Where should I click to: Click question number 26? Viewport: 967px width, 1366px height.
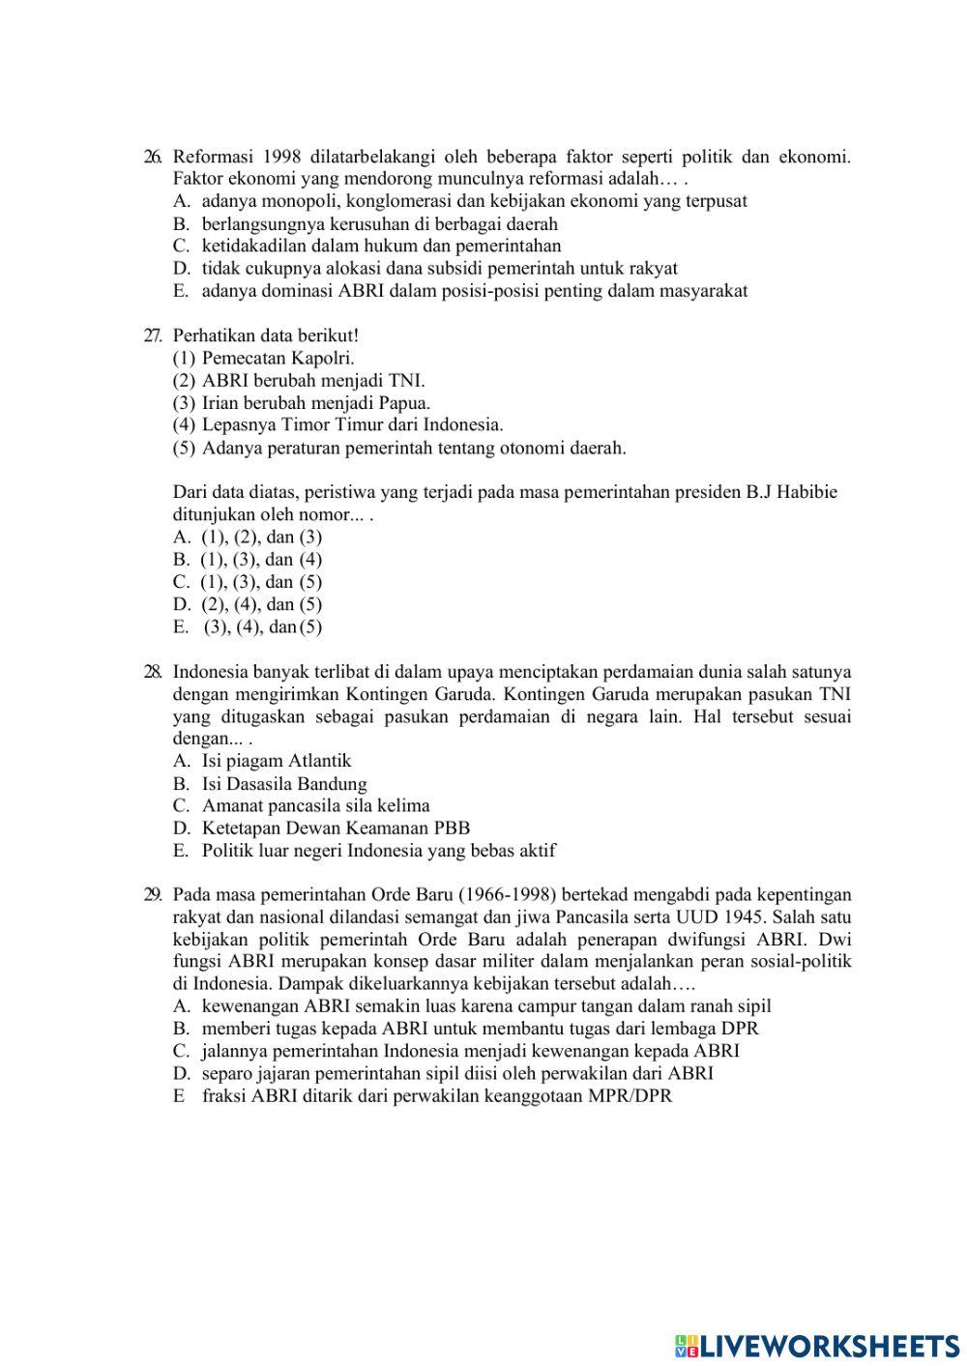coord(152,157)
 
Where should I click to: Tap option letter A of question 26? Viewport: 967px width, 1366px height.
coord(180,201)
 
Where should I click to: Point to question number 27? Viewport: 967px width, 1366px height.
coord(152,335)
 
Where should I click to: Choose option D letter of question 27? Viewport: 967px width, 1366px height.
coord(181,604)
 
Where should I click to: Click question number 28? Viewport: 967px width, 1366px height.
coord(152,672)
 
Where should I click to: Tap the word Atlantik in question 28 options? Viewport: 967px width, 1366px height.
coord(319,761)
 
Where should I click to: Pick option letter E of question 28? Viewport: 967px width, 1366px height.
coord(180,851)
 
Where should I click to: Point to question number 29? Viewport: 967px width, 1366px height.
coord(152,895)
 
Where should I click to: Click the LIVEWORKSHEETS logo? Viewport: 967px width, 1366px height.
coord(817,1345)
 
